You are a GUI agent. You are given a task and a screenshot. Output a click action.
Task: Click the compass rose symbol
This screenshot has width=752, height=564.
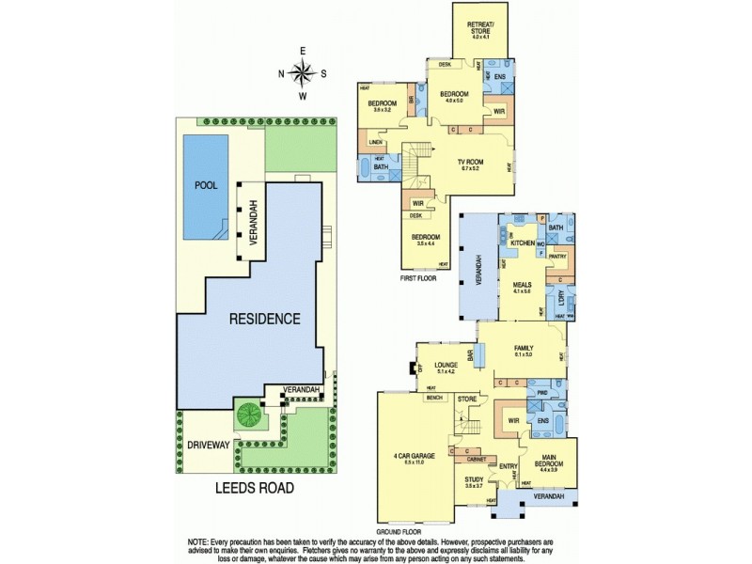tap(302, 72)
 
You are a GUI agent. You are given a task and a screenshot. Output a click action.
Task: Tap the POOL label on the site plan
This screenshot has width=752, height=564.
tap(205, 185)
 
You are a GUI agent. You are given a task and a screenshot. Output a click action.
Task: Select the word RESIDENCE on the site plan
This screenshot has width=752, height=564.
tap(265, 319)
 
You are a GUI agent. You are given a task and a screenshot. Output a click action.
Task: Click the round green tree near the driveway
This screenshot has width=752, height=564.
tap(250, 414)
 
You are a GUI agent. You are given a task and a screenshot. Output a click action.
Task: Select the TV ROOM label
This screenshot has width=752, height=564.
tap(469, 163)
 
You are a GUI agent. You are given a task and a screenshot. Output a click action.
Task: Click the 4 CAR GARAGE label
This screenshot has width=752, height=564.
tap(415, 457)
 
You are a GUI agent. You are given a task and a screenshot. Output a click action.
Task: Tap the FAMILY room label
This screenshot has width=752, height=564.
tap(524, 348)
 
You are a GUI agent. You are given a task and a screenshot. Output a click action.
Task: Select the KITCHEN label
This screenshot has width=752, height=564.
tap(522, 243)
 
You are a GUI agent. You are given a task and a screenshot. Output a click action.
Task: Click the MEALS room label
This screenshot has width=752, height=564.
tap(523, 286)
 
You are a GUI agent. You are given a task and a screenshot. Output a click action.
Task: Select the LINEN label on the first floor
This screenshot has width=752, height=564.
tap(374, 143)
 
